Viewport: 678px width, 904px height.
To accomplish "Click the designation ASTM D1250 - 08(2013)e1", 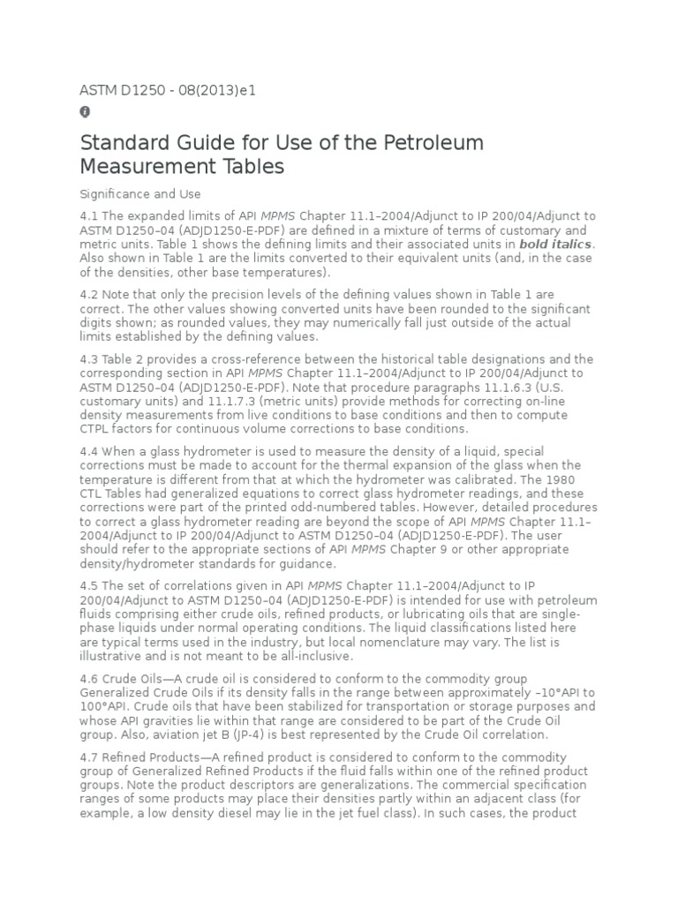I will coord(168,90).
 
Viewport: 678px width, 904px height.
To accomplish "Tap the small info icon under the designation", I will coord(85,112).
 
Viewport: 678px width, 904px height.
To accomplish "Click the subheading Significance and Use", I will coord(140,193).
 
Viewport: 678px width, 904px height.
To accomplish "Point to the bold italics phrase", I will coord(556,244).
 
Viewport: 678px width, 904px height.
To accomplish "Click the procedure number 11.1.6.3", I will coord(500,388).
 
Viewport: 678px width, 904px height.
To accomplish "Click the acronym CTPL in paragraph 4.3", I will coord(96,429).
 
